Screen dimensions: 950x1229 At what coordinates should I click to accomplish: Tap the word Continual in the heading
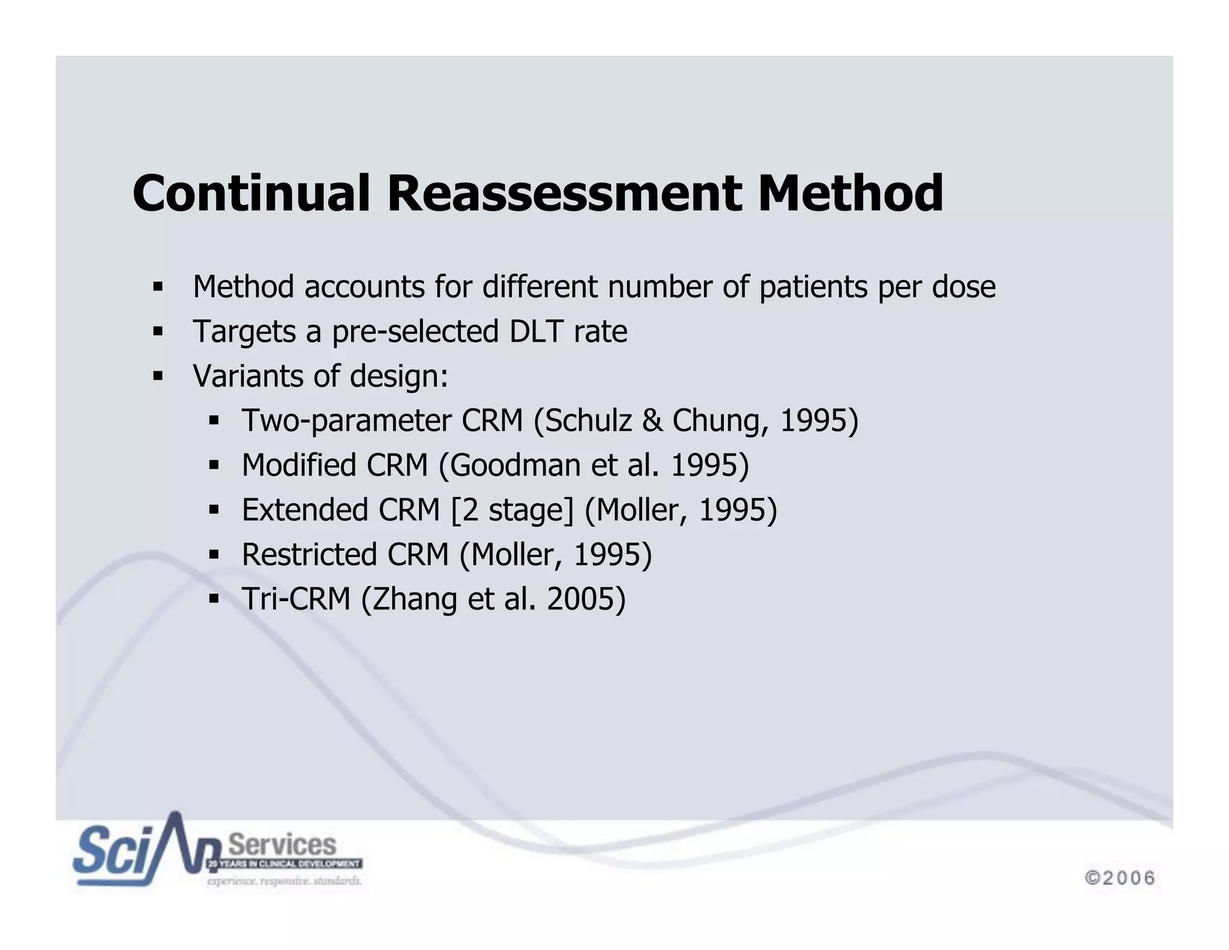pos(251,193)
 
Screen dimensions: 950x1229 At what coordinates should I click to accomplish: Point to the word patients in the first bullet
pos(813,287)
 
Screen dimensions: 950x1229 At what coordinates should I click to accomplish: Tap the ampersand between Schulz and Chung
pos(652,420)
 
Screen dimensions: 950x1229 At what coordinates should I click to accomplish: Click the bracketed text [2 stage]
pos(512,510)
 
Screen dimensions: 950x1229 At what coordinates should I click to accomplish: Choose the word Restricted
pos(309,555)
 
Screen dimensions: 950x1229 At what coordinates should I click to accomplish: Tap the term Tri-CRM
pos(296,599)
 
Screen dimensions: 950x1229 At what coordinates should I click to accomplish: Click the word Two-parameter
pos(346,420)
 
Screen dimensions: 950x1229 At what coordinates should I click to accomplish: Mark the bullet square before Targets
pos(158,331)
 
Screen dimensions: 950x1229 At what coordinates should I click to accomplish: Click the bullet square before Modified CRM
pos(214,465)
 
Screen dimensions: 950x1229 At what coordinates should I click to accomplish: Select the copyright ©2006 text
pos(1120,878)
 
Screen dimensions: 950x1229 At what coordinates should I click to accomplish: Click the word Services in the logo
pos(283,844)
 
